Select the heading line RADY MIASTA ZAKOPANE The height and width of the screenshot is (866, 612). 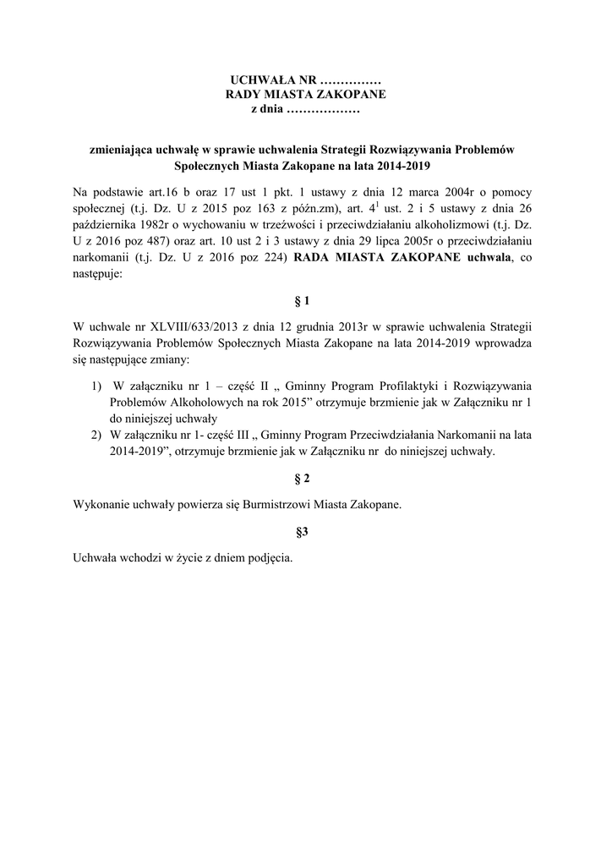tap(305, 95)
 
